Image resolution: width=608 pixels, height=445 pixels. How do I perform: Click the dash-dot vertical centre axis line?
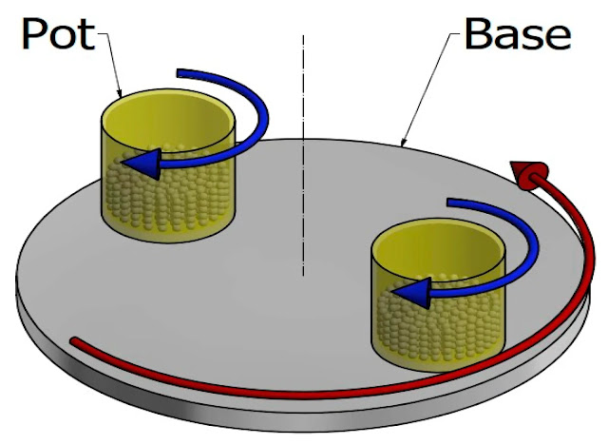pyautogui.click(x=303, y=190)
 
